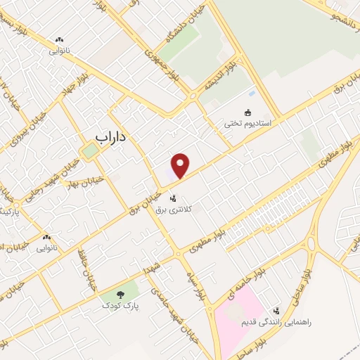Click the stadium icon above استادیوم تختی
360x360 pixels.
coord(247,112)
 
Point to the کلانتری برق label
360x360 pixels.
coord(174,208)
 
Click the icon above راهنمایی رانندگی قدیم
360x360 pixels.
coord(276,310)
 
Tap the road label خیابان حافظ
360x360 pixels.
coord(86,275)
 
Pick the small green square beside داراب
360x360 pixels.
coord(89,150)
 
